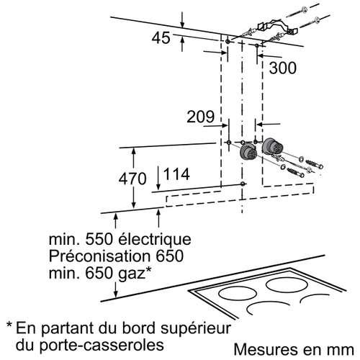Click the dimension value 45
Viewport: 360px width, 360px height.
click(x=161, y=38)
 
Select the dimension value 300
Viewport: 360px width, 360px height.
click(x=282, y=68)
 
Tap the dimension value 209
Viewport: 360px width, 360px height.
click(x=200, y=117)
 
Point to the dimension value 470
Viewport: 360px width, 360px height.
click(x=132, y=179)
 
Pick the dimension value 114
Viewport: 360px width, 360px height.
click(x=176, y=174)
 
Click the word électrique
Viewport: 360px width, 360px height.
click(x=155, y=239)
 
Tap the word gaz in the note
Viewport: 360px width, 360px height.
click(x=132, y=274)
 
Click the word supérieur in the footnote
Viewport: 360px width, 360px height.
click(x=196, y=329)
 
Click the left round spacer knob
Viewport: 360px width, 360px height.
click(x=248, y=152)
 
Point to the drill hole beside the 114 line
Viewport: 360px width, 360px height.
click(x=243, y=184)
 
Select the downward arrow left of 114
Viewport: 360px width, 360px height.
click(x=158, y=178)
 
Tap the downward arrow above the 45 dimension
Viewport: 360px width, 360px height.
click(x=182, y=20)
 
